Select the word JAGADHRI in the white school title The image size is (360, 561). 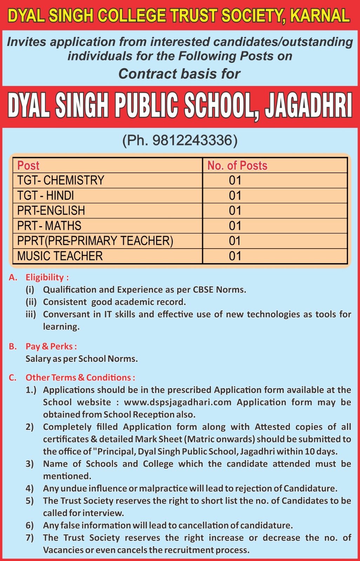coord(308,106)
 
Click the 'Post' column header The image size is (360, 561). coord(28,165)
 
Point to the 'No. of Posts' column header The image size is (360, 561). coord(237,165)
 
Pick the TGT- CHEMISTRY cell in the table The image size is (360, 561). coord(61,180)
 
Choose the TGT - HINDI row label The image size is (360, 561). coord(46,195)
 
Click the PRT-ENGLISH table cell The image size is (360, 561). coord(51,210)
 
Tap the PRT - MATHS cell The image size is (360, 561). coord(49,225)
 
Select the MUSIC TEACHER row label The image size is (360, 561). coord(60,256)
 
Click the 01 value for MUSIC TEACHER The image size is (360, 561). coord(235,256)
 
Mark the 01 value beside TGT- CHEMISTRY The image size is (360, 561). coord(235,180)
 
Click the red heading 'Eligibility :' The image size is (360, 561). coord(47,277)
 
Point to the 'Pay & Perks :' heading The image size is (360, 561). coord(51,346)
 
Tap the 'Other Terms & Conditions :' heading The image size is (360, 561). coord(80,378)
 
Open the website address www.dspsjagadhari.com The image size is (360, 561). coord(178,402)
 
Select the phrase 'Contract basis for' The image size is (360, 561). coord(179,74)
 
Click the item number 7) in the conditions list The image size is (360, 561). coord(29,538)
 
